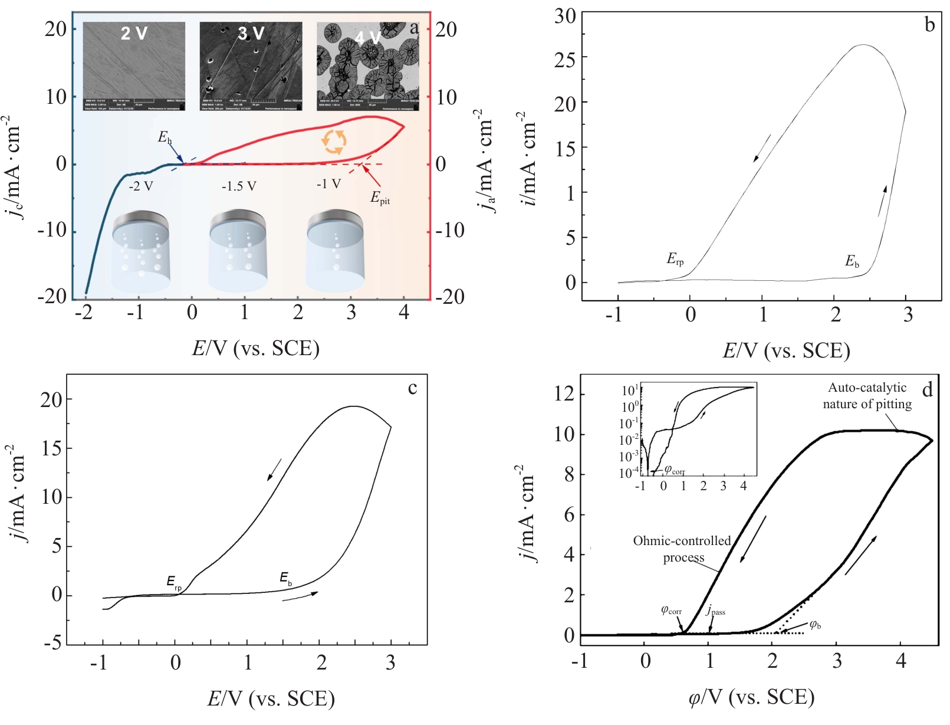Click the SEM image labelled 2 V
click(134, 66)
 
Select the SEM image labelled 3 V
click(251, 66)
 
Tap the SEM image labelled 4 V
click(367, 66)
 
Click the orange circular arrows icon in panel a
click(334, 142)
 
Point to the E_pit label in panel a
click(380, 198)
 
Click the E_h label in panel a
click(165, 138)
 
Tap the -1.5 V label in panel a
click(239, 186)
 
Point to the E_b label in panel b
click(852, 261)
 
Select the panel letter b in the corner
click(930, 25)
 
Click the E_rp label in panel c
click(174, 583)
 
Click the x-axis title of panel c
click(271, 698)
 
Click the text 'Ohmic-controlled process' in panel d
click(682, 549)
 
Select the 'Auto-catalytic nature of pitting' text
click(867, 396)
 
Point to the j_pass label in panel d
click(716, 611)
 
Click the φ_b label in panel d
click(815, 625)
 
